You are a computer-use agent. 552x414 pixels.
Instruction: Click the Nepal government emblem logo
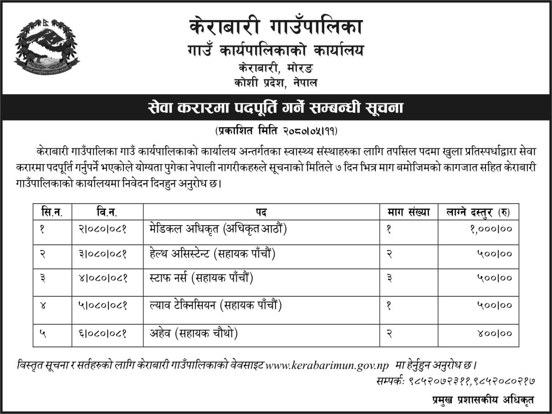(x=46, y=48)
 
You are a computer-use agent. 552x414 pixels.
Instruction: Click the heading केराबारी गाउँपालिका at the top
(x=276, y=26)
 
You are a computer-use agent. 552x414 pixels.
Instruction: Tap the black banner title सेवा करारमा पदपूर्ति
(x=276, y=109)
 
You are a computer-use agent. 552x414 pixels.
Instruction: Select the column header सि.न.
(x=51, y=212)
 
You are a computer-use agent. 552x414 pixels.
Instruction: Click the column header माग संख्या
(x=409, y=212)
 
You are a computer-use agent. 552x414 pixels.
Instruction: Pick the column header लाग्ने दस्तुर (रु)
(x=478, y=212)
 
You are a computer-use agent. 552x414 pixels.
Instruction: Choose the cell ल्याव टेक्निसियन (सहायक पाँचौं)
(x=215, y=305)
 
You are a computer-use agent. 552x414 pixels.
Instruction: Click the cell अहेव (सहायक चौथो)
(x=194, y=333)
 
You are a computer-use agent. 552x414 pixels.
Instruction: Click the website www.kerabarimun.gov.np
(x=327, y=365)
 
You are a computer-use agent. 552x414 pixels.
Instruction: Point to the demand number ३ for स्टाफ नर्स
(x=389, y=278)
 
